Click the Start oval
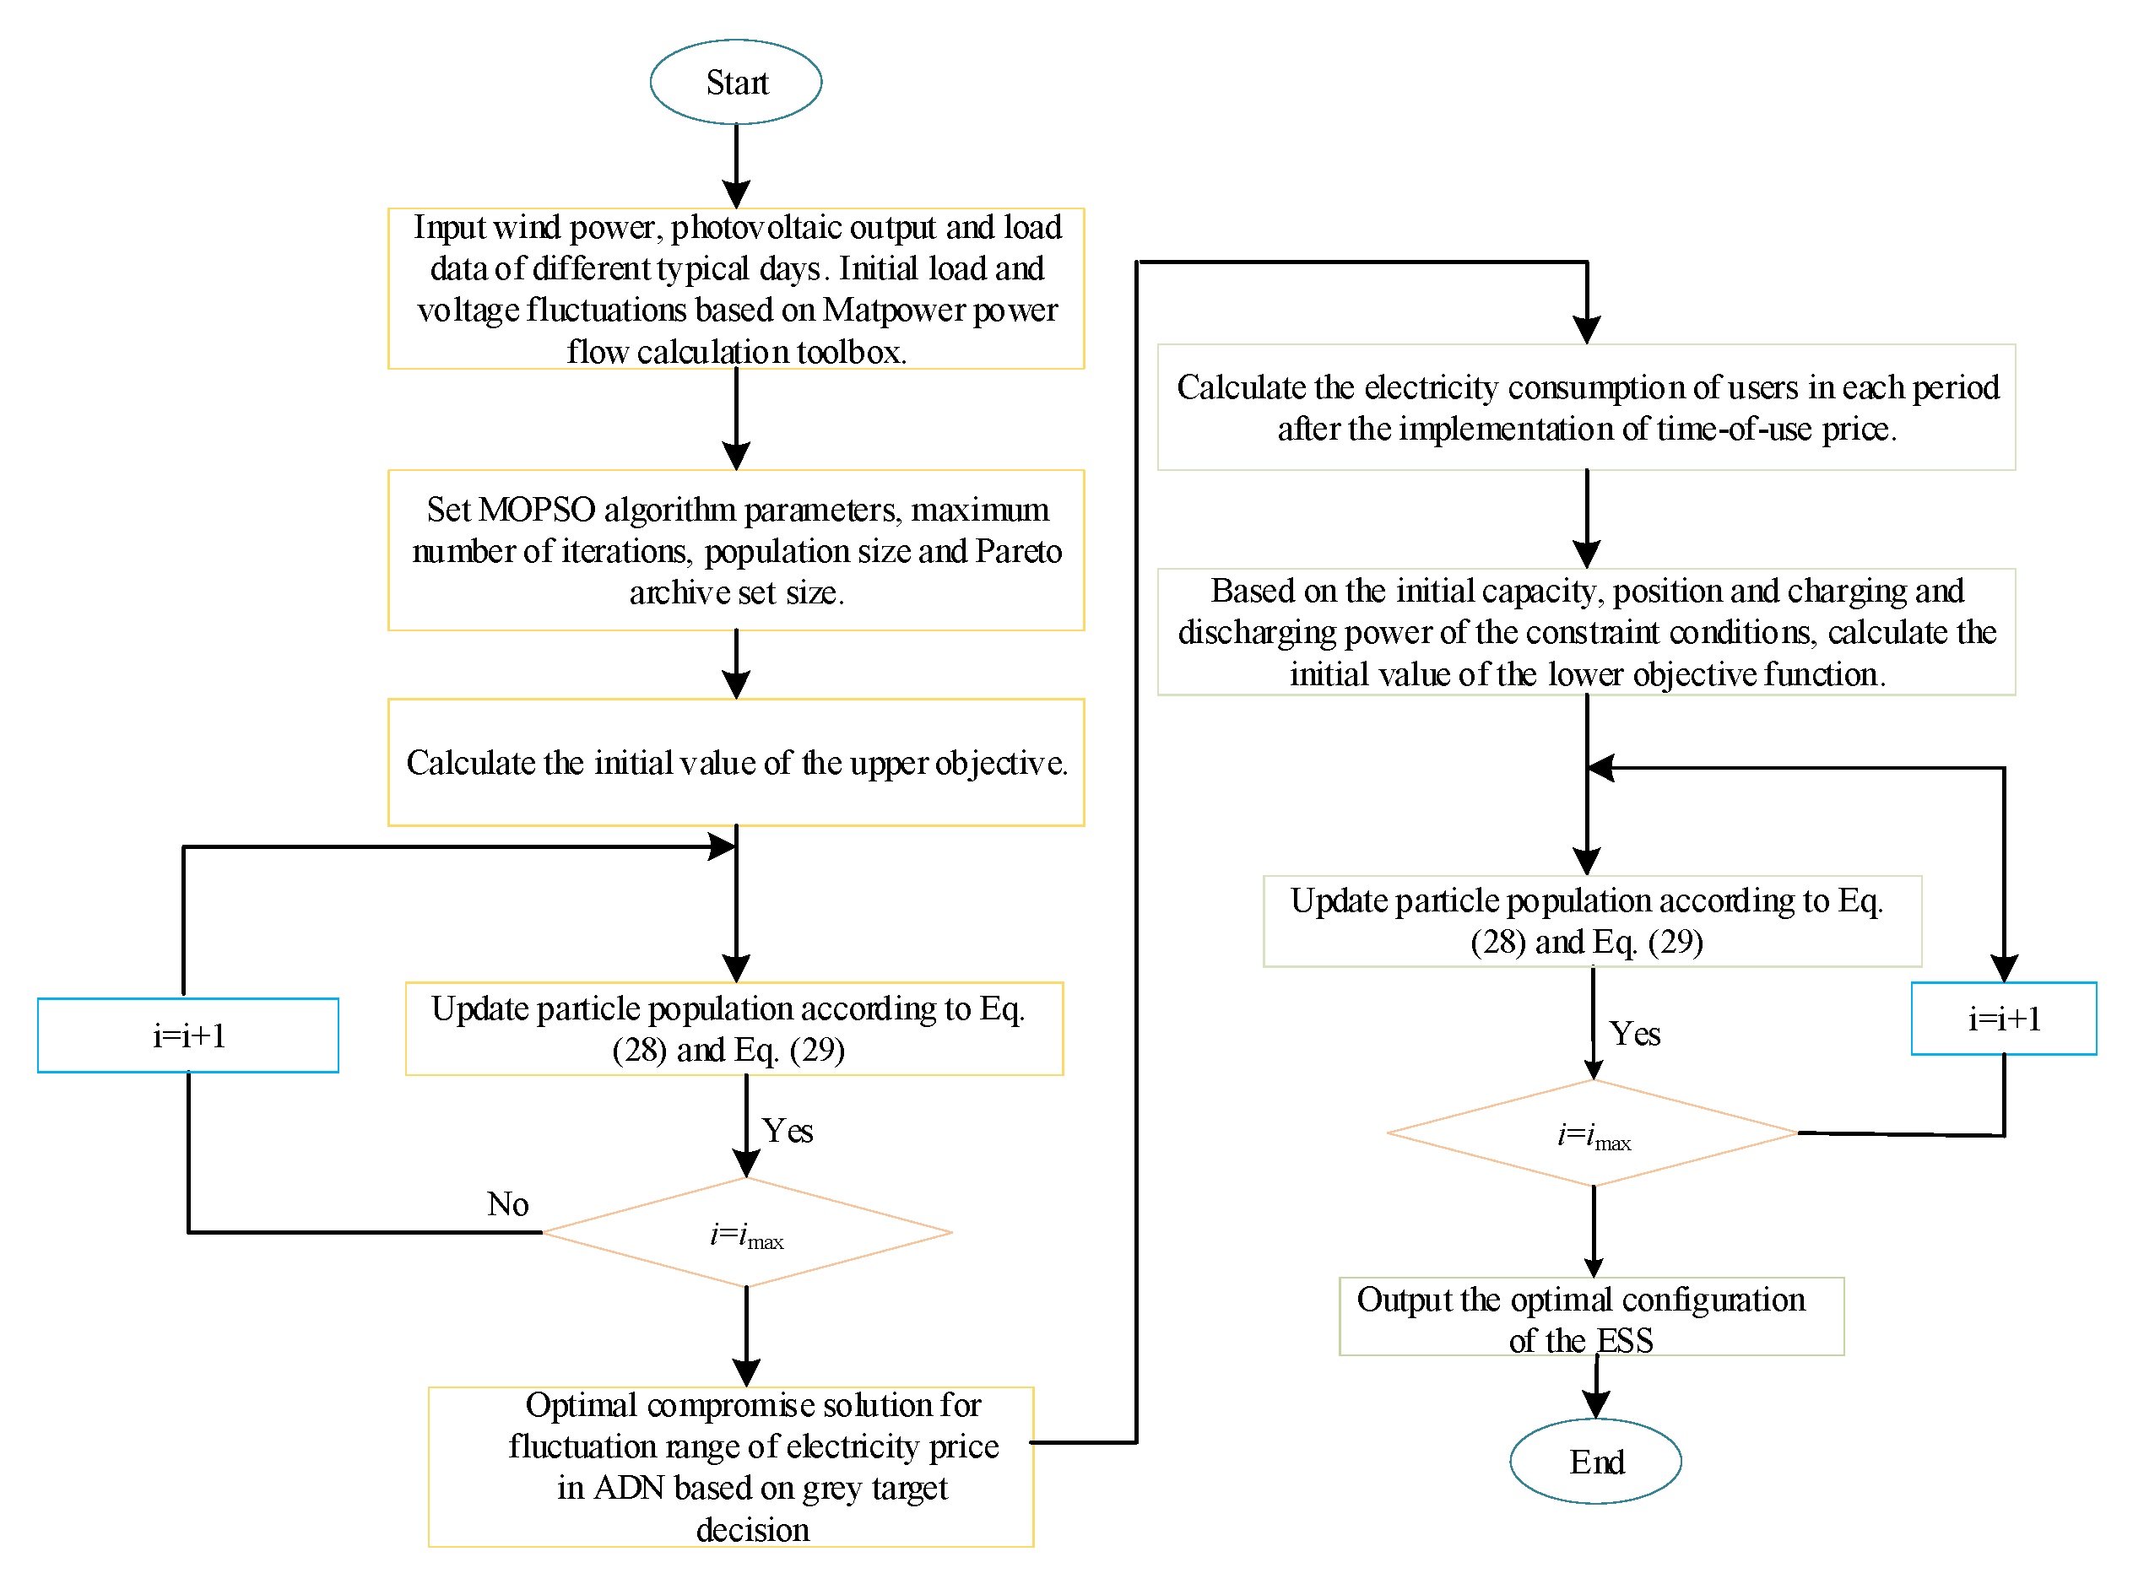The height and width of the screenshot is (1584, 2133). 735,82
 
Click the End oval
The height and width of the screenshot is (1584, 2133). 1595,1462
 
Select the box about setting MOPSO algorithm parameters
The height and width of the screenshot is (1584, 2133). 735,550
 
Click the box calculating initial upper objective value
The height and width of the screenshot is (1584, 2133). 735,762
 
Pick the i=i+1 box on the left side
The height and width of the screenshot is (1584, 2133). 188,1035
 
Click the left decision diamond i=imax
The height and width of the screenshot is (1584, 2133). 746,1233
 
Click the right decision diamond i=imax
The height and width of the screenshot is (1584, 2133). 1593,1134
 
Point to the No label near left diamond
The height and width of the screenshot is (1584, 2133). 507,1204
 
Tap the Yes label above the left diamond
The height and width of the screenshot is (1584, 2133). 788,1132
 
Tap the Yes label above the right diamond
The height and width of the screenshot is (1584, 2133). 1634,1035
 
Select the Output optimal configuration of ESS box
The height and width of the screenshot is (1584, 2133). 1591,1316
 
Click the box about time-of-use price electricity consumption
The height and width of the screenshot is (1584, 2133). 1586,408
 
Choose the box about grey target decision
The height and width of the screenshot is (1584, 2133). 731,1467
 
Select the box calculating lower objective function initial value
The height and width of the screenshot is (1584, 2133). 1586,632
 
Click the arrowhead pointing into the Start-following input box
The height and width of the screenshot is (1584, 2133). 735,195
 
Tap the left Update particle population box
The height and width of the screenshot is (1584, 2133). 734,1029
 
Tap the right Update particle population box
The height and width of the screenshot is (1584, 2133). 1592,922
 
